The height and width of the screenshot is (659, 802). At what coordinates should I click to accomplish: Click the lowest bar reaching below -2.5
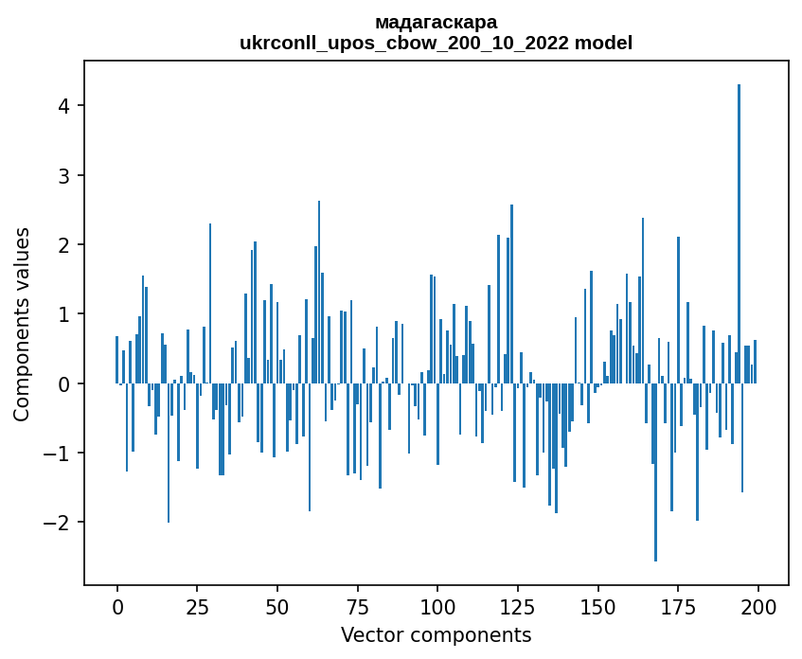click(x=655, y=472)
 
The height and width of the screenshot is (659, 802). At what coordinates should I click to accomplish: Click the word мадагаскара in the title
click(x=436, y=22)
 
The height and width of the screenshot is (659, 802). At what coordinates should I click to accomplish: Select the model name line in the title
click(x=436, y=44)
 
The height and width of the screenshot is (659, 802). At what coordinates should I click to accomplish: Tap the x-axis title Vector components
click(x=436, y=634)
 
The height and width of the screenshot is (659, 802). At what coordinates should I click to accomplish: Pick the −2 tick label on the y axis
click(x=59, y=523)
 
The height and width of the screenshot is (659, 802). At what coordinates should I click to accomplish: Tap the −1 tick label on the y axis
click(x=59, y=454)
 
